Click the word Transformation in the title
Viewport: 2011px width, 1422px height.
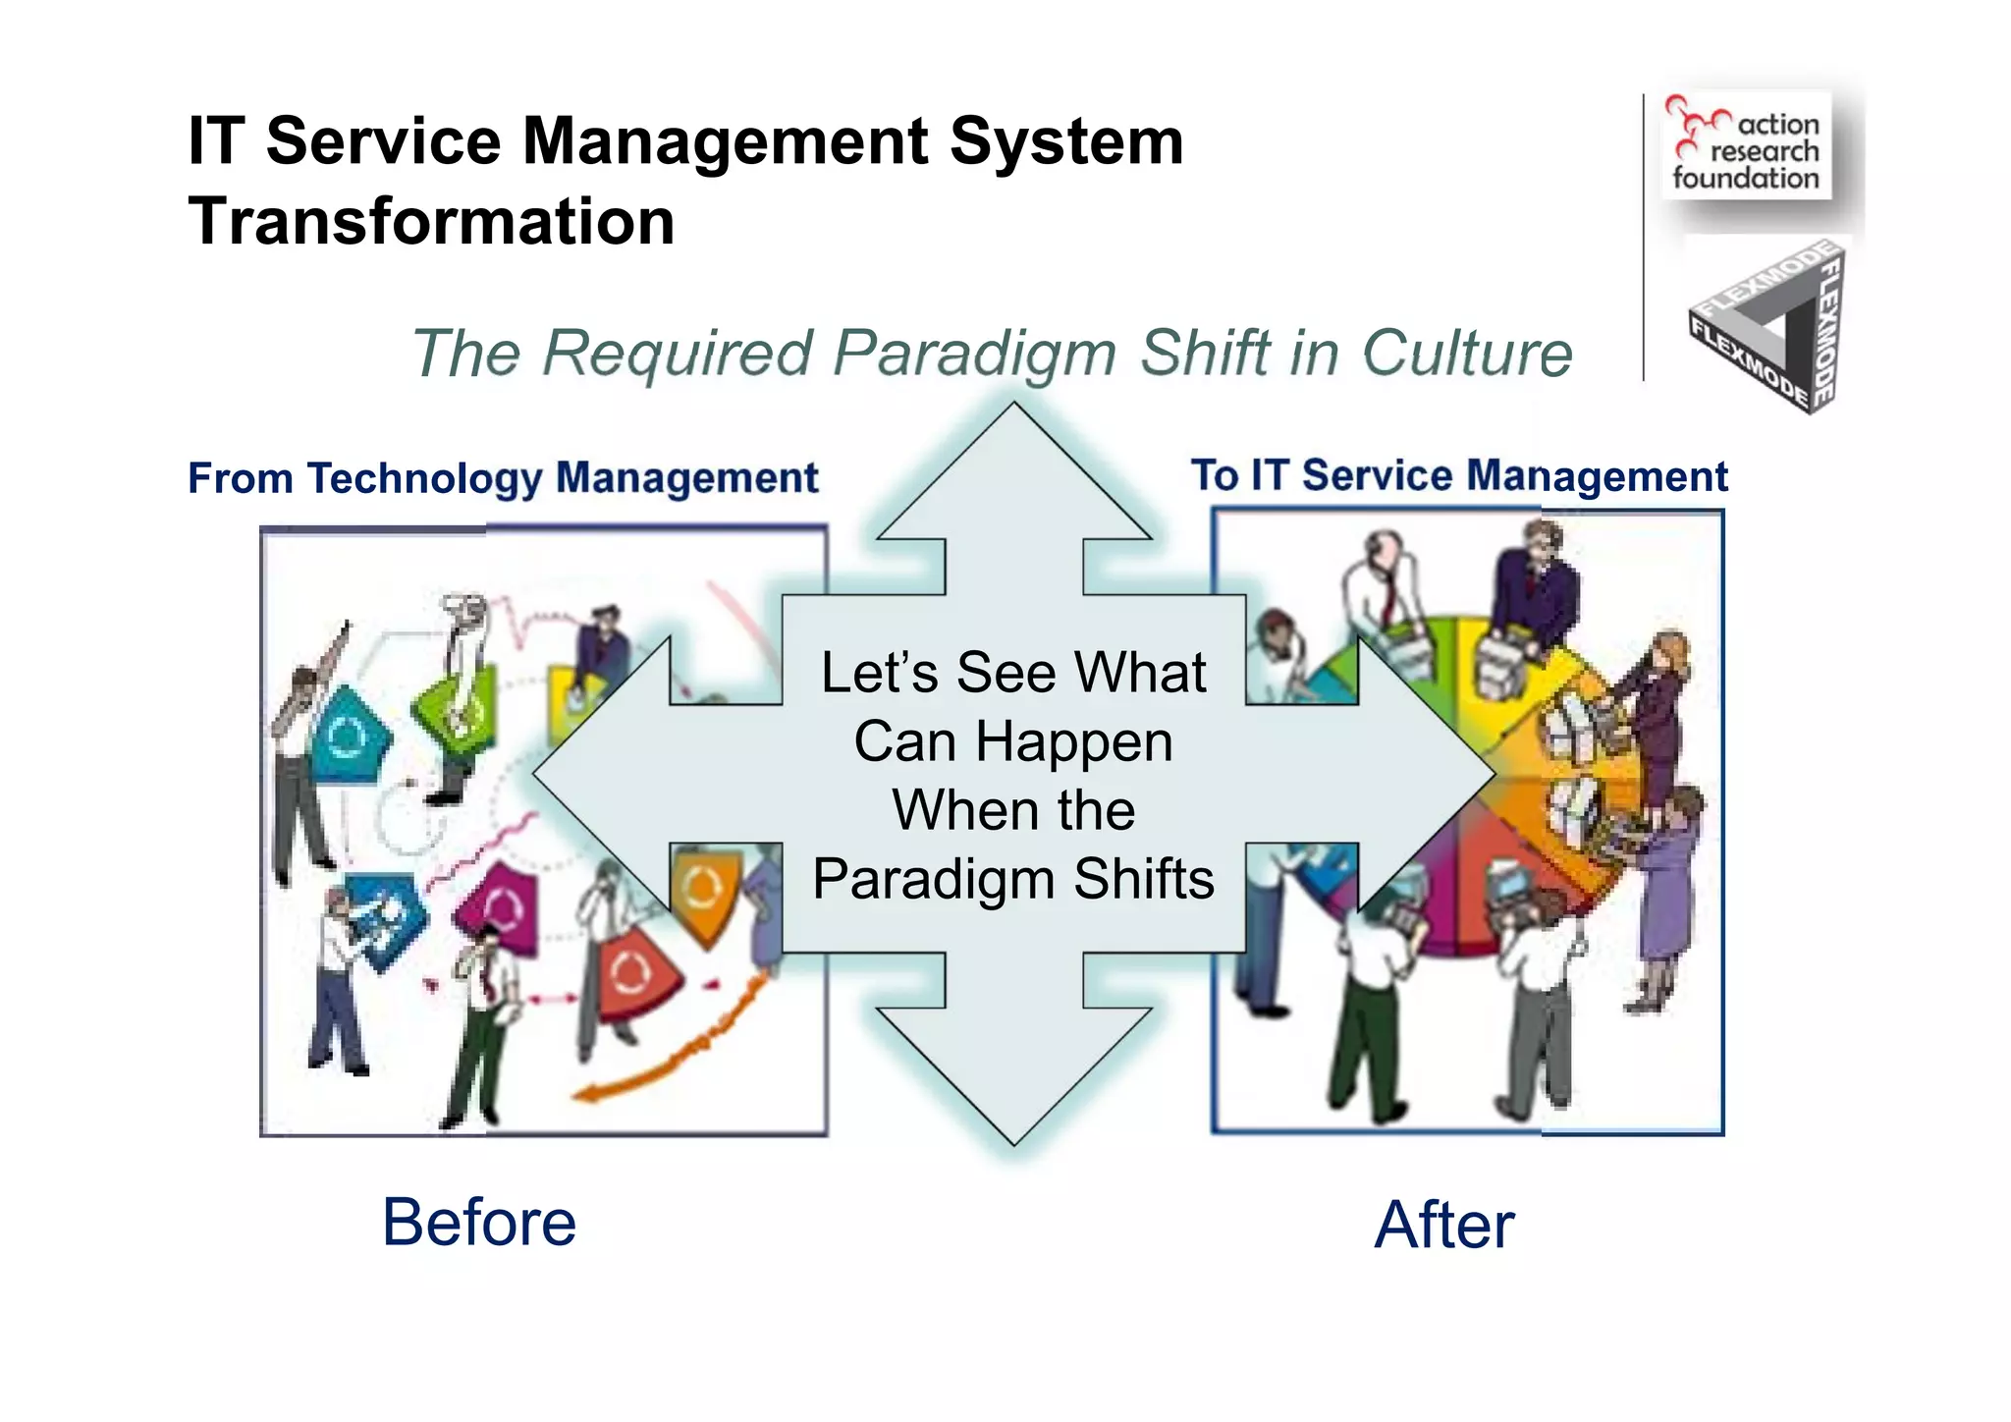click(x=431, y=222)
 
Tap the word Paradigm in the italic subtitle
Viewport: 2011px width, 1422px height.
click(x=975, y=353)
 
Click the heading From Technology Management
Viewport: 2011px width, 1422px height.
click(x=503, y=478)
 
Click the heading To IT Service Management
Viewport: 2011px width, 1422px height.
click(x=1459, y=475)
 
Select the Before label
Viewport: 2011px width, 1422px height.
click(x=478, y=1223)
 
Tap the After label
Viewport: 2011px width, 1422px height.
click(x=1443, y=1226)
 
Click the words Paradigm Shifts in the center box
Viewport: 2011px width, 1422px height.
click(x=1013, y=878)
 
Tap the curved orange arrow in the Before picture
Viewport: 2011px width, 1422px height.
click(x=678, y=1051)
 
